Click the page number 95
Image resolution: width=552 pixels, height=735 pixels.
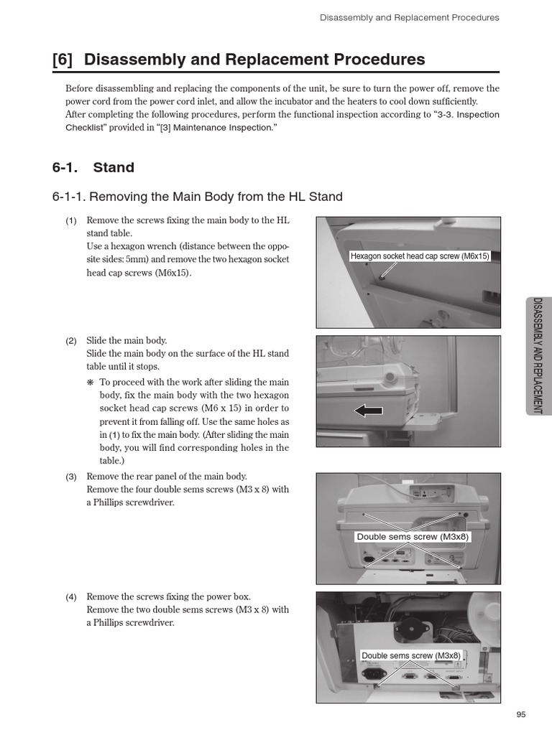pyautogui.click(x=521, y=713)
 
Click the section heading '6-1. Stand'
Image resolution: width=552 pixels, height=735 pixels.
pyautogui.click(x=93, y=167)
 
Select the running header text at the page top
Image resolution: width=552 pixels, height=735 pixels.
pyautogui.click(x=409, y=17)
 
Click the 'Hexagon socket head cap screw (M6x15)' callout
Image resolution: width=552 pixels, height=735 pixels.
pyautogui.click(x=420, y=256)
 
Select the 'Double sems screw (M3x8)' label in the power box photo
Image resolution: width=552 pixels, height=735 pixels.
pyautogui.click(x=411, y=655)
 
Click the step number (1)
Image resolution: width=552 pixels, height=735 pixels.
pyautogui.click(x=71, y=220)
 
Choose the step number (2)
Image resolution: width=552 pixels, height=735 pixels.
pyautogui.click(x=71, y=341)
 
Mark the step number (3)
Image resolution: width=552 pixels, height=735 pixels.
pyautogui.click(x=71, y=477)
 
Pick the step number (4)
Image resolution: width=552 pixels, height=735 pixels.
pyautogui.click(x=71, y=597)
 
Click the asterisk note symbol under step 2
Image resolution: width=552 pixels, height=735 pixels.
pyautogui.click(x=91, y=383)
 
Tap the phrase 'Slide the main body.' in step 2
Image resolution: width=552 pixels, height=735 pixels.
pyautogui.click(x=126, y=341)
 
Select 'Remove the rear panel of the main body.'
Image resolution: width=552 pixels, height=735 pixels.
pyautogui.click(x=166, y=477)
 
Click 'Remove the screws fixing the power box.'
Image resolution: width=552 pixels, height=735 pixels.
pyautogui.click(x=168, y=597)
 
